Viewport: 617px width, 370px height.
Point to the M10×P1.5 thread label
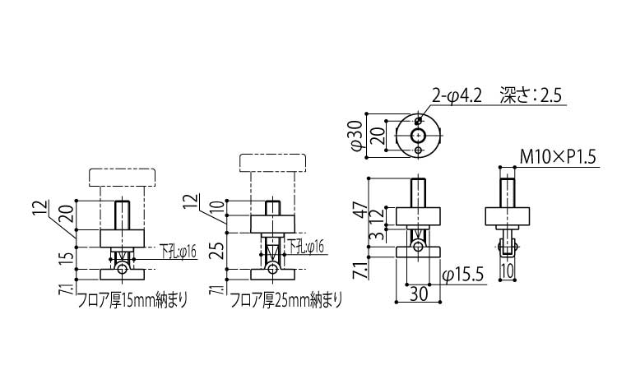point(557,156)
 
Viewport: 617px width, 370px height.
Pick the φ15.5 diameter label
point(461,274)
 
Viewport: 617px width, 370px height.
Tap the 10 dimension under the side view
point(508,270)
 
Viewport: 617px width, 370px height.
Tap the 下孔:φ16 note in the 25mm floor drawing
point(305,246)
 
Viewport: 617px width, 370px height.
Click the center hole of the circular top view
point(420,134)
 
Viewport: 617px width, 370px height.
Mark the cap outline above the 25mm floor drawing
point(272,162)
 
